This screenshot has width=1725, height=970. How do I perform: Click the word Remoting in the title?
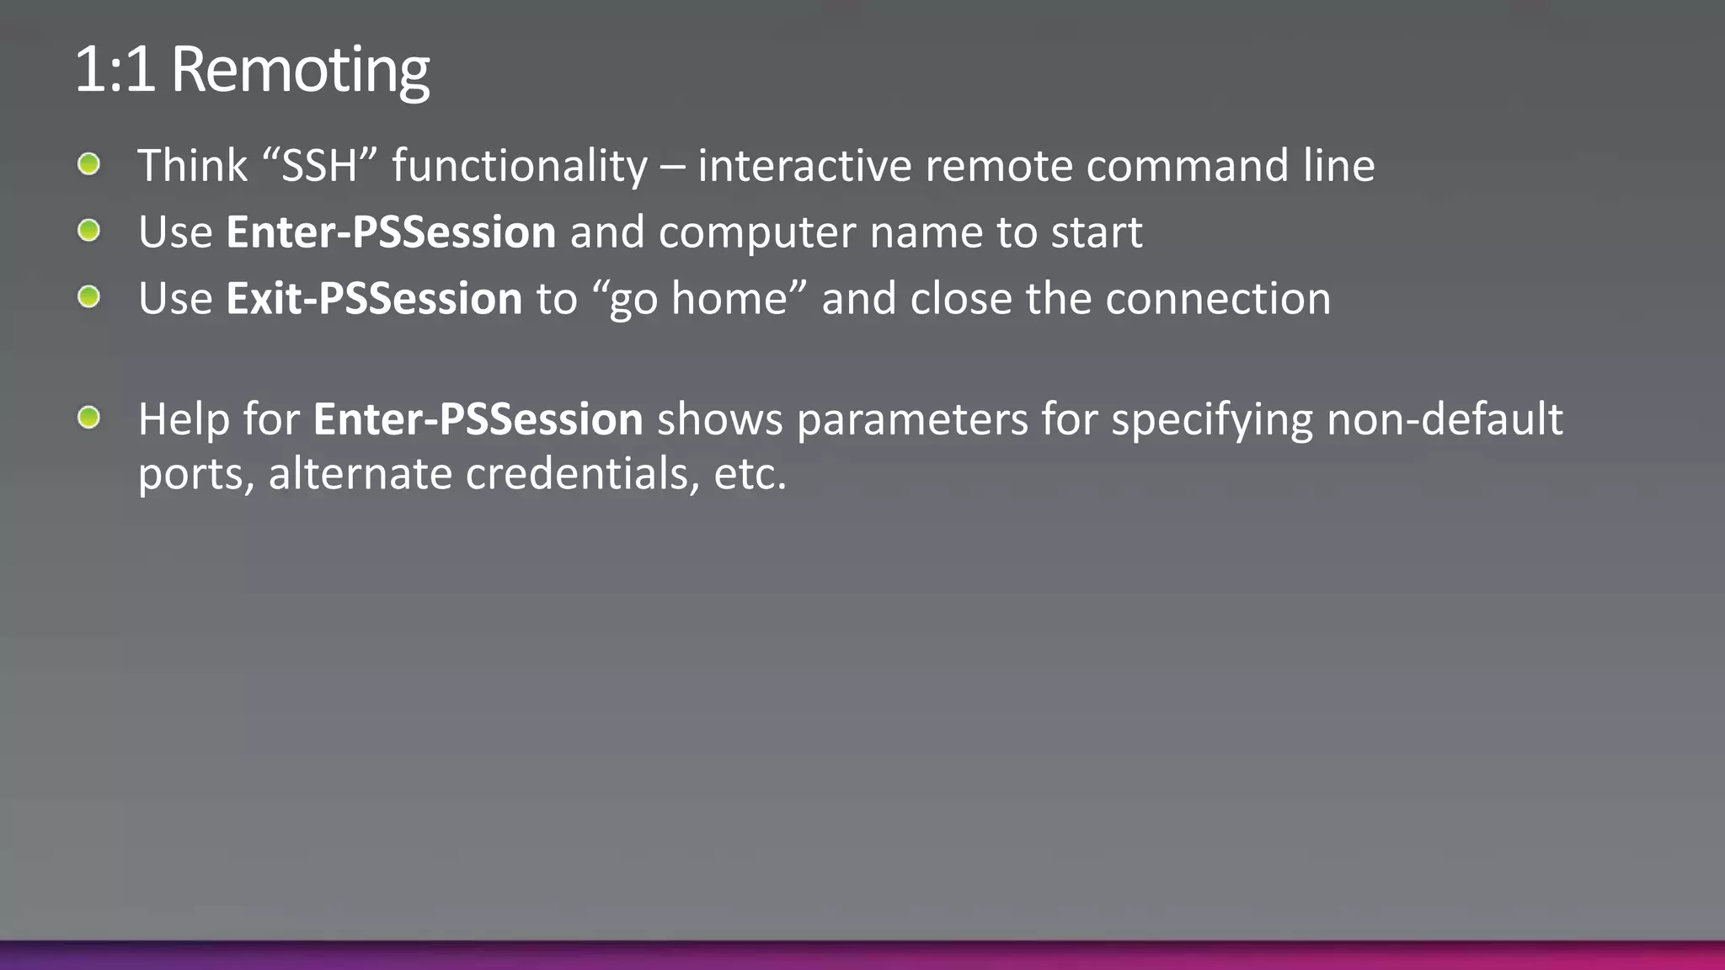[x=300, y=71]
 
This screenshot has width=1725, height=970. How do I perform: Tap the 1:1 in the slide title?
[x=115, y=71]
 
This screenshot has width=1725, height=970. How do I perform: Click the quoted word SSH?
[x=320, y=165]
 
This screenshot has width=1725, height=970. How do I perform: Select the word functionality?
[x=520, y=165]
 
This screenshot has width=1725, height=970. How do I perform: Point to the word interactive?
[x=804, y=165]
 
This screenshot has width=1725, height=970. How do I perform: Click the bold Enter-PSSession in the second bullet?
[x=391, y=232]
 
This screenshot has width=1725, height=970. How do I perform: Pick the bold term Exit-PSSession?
[x=374, y=298]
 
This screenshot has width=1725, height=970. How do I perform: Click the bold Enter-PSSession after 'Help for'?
[x=478, y=418]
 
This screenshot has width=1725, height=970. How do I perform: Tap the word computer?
[x=757, y=233]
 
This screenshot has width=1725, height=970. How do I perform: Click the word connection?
[x=1218, y=298]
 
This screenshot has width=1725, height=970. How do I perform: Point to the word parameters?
[x=912, y=420]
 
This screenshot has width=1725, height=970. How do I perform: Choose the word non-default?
[x=1445, y=418]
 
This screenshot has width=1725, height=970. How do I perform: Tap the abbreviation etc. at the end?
[x=750, y=473]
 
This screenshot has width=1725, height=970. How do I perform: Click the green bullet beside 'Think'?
[x=88, y=164]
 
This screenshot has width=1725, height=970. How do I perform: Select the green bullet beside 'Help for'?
[x=88, y=417]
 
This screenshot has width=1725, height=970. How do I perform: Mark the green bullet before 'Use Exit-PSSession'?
[x=88, y=296]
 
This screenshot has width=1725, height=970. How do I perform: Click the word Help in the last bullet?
[x=184, y=418]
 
